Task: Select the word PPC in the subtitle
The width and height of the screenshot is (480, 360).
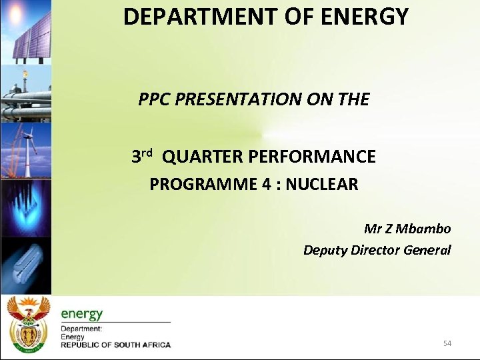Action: pos(155,99)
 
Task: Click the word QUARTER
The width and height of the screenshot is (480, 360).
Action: pos(203,157)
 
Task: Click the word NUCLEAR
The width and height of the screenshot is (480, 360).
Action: pos(324,184)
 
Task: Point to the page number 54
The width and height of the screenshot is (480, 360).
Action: pos(447,343)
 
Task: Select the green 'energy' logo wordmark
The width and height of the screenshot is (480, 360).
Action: pos(82,313)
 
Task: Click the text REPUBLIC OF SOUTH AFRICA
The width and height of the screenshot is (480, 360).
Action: pos(116,345)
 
